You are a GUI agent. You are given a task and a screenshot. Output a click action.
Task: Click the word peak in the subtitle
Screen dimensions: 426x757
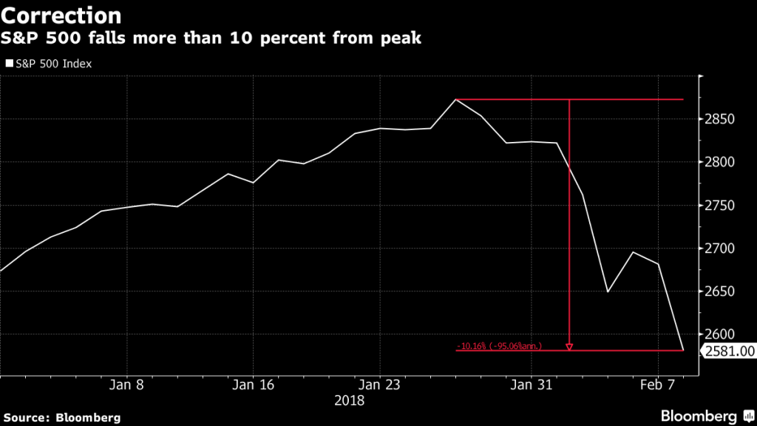click(401, 38)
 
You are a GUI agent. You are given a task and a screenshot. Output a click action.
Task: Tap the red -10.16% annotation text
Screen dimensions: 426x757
click(499, 345)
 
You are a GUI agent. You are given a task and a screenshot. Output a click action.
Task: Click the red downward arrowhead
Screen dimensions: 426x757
click(569, 346)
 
